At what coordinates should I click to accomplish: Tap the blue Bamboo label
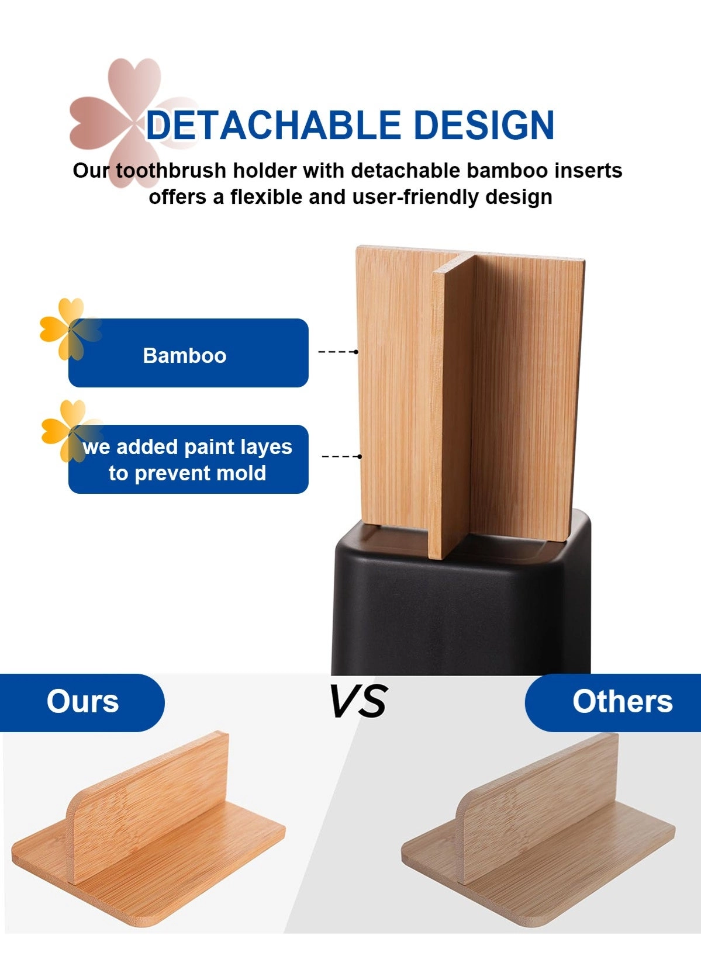pyautogui.click(x=188, y=354)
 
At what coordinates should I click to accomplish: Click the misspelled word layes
pyautogui.click(x=264, y=447)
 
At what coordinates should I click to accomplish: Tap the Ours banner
pyautogui.click(x=82, y=702)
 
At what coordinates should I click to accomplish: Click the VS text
pyautogui.click(x=358, y=701)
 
